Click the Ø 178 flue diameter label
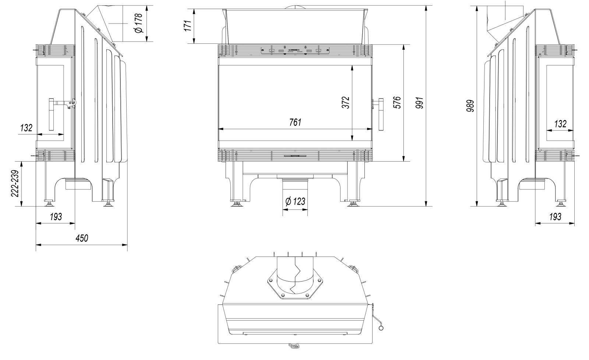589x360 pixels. [138, 23]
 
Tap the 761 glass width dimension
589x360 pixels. [295, 122]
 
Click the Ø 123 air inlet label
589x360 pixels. [295, 202]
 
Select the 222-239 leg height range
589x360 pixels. [15, 184]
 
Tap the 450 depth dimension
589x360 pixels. [82, 238]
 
